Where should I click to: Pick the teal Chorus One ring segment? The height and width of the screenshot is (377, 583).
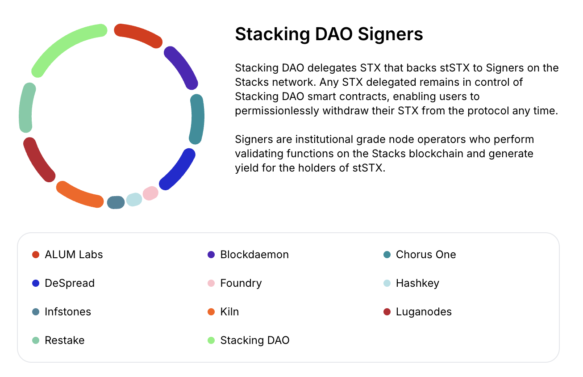[197, 119]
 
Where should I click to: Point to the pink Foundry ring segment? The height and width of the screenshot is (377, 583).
[150, 193]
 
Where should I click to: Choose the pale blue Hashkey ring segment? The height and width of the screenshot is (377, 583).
[134, 199]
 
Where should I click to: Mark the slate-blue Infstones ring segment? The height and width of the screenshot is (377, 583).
[116, 202]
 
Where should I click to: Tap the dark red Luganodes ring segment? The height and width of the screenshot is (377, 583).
[38, 160]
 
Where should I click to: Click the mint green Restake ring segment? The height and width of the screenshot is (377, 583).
[26, 108]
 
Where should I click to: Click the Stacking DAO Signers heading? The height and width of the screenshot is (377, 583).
[329, 34]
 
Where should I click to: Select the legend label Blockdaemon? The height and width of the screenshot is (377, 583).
[254, 255]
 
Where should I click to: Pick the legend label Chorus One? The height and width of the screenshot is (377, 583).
[426, 255]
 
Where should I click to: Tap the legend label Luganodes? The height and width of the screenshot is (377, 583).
[424, 312]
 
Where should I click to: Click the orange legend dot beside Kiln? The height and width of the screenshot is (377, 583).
[212, 312]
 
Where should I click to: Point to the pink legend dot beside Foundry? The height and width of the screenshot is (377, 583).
[212, 283]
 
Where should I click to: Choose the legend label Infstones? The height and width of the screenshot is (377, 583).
[68, 312]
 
